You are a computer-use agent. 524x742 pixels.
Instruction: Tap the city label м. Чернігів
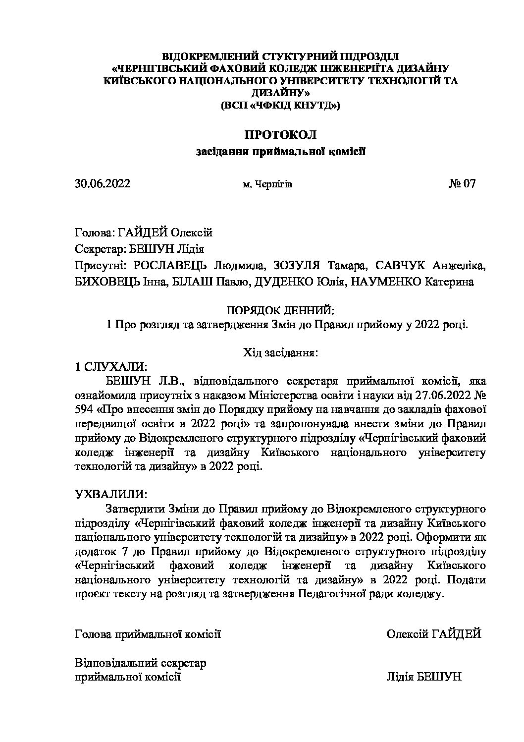(x=267, y=185)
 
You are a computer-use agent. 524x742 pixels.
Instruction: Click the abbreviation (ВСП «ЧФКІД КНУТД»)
(x=280, y=105)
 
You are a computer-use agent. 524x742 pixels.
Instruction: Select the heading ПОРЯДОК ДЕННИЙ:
(x=280, y=311)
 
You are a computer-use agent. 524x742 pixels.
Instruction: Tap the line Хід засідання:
(x=280, y=353)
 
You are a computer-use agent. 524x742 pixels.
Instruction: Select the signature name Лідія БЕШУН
(x=423, y=677)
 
